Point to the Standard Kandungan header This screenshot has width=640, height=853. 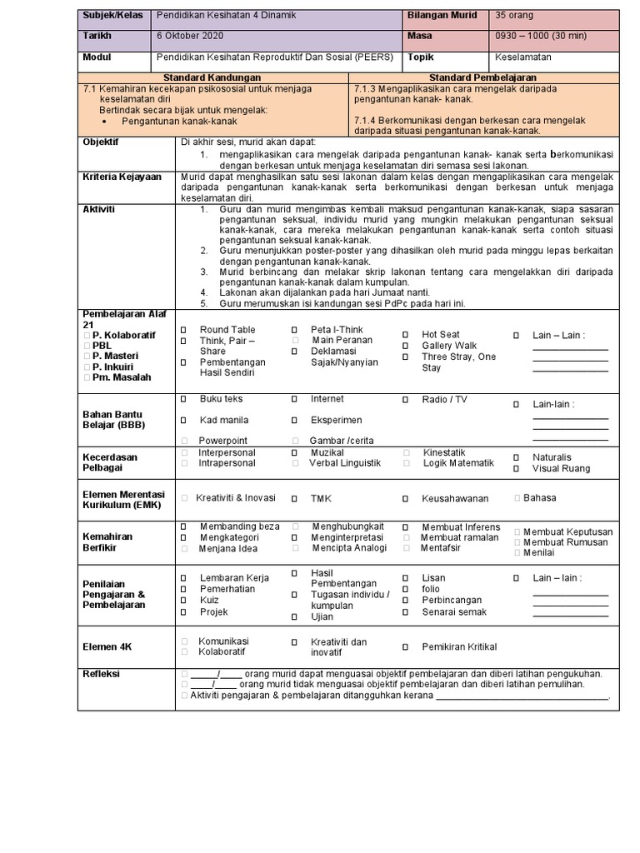[212, 77]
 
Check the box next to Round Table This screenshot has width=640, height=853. [184, 331]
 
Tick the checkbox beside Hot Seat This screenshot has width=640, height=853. [405, 335]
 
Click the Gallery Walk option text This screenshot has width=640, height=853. [449, 346]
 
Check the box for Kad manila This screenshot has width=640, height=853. [184, 421]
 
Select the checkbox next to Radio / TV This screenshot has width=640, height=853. [405, 400]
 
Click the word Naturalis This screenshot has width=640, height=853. [552, 457]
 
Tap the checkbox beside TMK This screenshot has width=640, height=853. [294, 498]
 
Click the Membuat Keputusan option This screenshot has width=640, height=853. [568, 531]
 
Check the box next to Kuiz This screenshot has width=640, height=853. [184, 601]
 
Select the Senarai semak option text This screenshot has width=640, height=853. [455, 612]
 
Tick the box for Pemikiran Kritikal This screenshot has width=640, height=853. [405, 646]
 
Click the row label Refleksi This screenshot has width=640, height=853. [101, 674]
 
